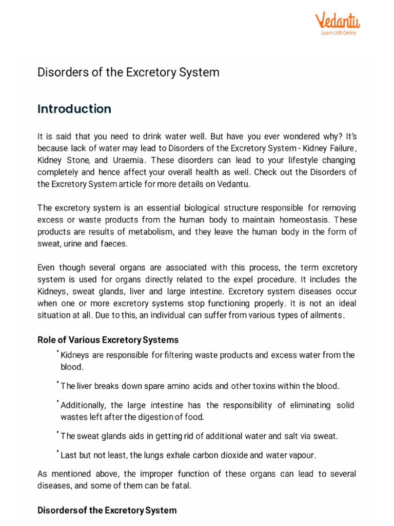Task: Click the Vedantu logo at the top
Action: pyautogui.click(x=337, y=21)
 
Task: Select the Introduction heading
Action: pyautogui.click(x=74, y=109)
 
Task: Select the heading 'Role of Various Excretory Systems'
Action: pyautogui.click(x=108, y=340)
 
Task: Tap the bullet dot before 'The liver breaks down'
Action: pyautogui.click(x=58, y=383)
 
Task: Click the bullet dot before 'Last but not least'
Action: pyautogui.click(x=58, y=452)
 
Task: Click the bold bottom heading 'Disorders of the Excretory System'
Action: pyautogui.click(x=107, y=511)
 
